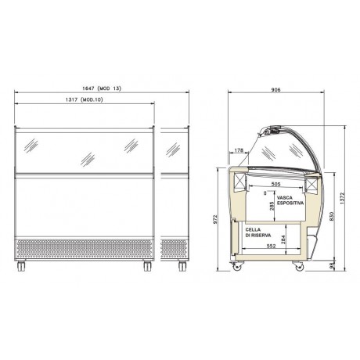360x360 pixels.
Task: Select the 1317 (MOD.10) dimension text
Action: pos(81,104)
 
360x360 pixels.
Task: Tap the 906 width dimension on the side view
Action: pos(275,88)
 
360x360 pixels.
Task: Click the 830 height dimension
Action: pos(333,215)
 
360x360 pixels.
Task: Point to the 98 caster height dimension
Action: pos(333,266)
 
